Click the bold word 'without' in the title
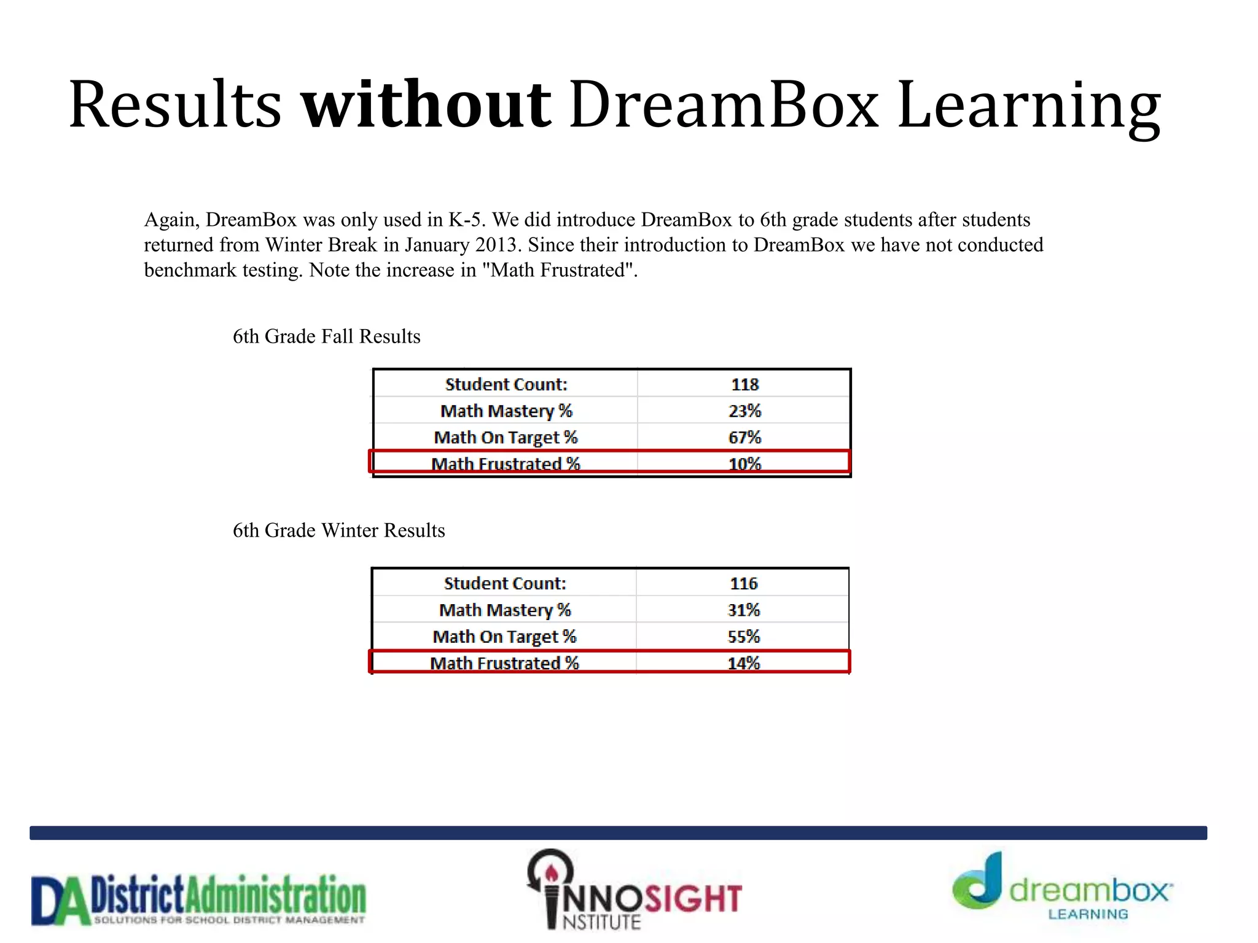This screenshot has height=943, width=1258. click(x=426, y=104)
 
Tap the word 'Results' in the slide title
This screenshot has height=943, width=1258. click(x=175, y=104)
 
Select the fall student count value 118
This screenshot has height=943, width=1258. click(x=744, y=384)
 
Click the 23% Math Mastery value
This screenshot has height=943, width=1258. click(x=744, y=411)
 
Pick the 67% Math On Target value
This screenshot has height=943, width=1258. click(x=744, y=437)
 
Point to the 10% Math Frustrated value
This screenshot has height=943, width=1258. click(x=744, y=464)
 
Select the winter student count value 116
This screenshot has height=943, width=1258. click(x=743, y=583)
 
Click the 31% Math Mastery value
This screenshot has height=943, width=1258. click(x=743, y=610)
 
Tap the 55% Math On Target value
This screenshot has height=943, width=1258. click(x=743, y=636)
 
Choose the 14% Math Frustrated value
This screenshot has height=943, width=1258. click(x=743, y=662)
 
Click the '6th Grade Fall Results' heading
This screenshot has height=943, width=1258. click(x=326, y=336)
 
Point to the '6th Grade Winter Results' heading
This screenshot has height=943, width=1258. click(x=338, y=530)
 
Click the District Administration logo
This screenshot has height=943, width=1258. click(x=198, y=900)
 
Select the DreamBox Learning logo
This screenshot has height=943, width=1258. click(x=1061, y=888)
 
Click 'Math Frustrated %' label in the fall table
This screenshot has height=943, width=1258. click(x=506, y=464)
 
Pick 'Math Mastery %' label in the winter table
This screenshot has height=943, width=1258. click(x=505, y=610)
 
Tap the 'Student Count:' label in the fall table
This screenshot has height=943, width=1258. click(x=506, y=384)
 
